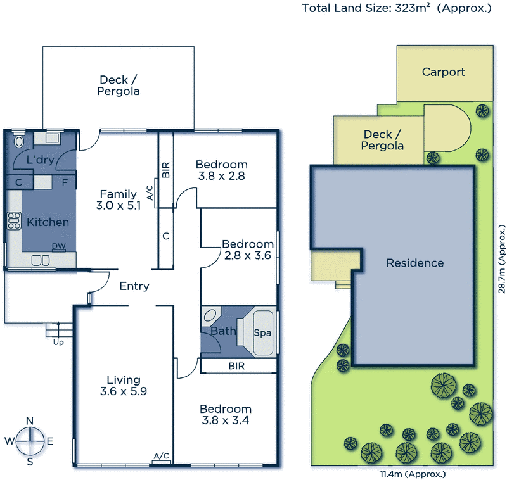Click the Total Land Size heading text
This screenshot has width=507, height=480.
pos(397,8)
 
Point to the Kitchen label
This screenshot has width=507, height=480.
pos(48,222)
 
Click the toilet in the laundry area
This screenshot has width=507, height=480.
pos(17,140)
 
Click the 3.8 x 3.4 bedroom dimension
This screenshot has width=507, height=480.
pos(226,421)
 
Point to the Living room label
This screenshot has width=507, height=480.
pos(123,380)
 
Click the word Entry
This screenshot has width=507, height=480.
pos(134,286)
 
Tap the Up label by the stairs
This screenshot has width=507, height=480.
pos(58,343)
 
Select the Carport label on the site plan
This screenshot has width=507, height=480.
pos(444,72)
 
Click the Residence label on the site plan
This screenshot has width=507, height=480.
pos(415,263)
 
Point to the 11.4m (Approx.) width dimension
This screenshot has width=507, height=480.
pos(403,474)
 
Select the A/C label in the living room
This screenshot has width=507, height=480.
pos(162,456)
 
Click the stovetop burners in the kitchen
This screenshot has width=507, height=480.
pos(13,221)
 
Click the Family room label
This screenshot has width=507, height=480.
pos(119,194)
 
